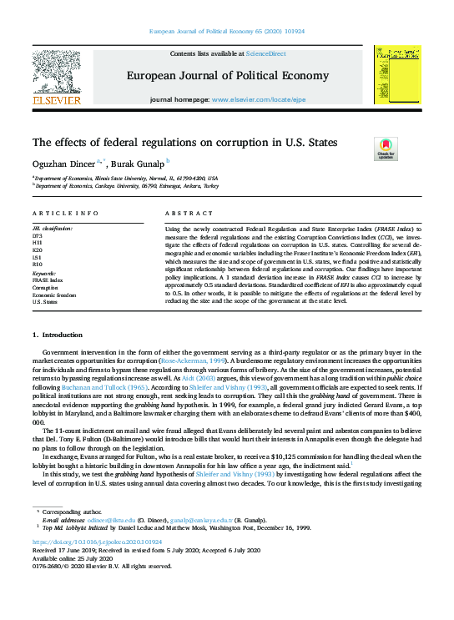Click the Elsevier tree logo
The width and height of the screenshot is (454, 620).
pos(56,72)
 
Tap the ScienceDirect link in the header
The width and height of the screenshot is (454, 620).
pos(265,53)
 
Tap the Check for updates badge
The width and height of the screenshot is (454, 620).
pos(386,148)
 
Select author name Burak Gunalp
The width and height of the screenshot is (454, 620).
pos(139,163)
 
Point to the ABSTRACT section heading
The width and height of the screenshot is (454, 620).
pos(184,214)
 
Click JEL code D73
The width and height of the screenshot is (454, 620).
pos(38,236)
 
